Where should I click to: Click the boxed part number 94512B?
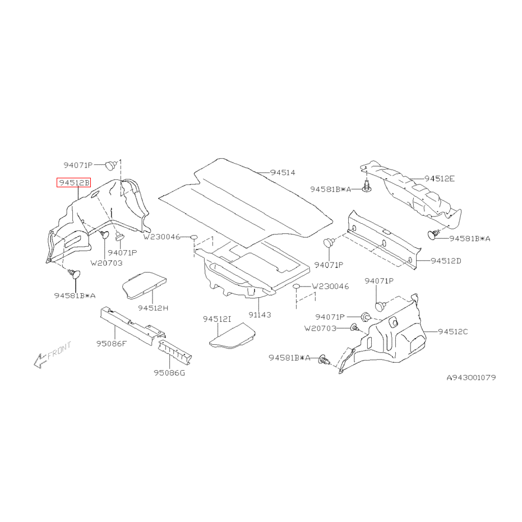point(72,182)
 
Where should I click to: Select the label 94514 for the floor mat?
point(283,173)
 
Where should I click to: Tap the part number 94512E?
point(439,178)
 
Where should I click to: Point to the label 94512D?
point(446,261)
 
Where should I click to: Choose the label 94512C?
point(453,331)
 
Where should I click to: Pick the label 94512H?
point(153,307)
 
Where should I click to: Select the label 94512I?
point(217,319)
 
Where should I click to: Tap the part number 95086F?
point(112,343)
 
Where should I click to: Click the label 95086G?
point(169,372)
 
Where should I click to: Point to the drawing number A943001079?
point(470,377)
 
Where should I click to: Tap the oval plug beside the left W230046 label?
point(193,237)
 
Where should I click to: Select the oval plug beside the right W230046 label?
point(298,287)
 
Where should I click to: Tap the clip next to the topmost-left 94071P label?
point(111,164)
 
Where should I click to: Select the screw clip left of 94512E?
point(366,187)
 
